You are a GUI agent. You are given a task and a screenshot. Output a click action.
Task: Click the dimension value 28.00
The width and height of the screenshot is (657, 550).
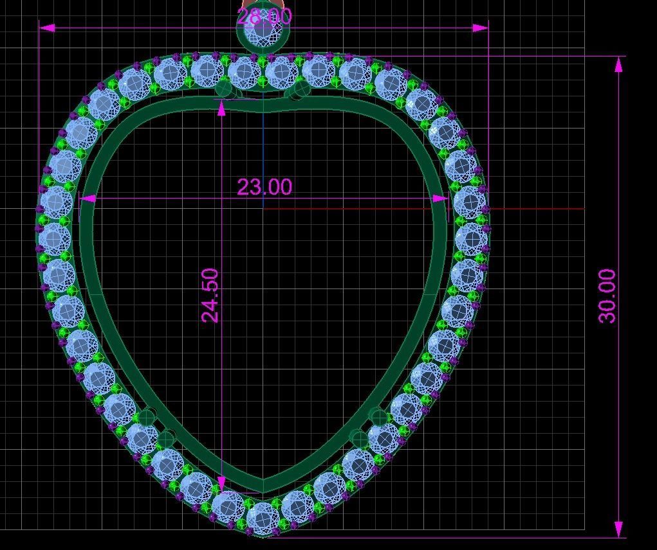coord(264,16)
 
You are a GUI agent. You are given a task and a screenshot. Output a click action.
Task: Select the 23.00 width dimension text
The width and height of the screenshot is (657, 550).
coord(264,187)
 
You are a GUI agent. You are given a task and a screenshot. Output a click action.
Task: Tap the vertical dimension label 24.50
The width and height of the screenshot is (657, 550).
coord(210,296)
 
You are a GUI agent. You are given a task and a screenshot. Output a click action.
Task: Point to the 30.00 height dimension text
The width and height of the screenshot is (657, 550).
coord(607,296)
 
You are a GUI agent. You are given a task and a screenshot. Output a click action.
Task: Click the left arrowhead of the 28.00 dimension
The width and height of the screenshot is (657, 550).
coord(47,28)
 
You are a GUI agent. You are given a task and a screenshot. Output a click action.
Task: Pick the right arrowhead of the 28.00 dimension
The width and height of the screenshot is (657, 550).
coord(480,28)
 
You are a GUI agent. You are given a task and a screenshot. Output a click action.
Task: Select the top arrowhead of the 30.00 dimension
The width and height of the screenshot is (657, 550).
coord(619,64)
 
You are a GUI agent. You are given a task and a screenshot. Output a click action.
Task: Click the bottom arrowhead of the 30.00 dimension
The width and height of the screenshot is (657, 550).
coord(619,529)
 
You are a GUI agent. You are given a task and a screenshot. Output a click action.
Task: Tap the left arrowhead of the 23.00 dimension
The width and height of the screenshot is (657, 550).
coord(88,199)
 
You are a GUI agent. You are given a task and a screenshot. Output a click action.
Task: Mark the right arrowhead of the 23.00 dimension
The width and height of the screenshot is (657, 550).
coord(440,199)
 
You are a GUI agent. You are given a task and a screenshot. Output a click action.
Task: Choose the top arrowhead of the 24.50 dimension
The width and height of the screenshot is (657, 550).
coord(222,109)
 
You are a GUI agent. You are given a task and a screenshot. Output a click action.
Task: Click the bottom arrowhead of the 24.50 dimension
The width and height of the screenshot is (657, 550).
coord(222,484)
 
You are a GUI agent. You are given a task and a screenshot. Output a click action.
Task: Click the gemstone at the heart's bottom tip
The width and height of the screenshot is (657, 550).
coord(263,518)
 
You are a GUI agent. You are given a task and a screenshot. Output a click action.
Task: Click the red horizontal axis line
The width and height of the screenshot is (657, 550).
coord(515,208)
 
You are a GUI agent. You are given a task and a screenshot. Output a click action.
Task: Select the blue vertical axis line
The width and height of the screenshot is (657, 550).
coord(263,148)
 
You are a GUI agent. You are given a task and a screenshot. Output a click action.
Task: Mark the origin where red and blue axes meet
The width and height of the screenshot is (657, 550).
coord(263,208)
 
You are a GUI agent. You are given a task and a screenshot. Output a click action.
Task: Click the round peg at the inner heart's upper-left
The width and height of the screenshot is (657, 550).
coord(225,89)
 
